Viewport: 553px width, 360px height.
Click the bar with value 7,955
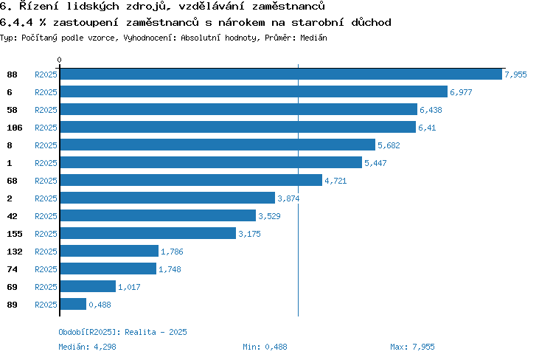tap(281, 74)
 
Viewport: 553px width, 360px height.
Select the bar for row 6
tap(254, 91)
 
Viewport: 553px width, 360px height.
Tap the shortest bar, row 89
tap(73, 304)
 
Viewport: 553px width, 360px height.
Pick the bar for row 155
tap(148, 233)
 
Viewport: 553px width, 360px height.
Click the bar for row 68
tap(191, 180)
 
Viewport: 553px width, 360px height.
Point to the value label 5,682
tap(389, 145)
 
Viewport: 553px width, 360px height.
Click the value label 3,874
tap(288, 198)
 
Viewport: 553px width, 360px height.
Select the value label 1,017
tap(129, 287)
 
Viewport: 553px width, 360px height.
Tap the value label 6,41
tap(427, 128)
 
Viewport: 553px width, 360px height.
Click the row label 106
tap(15, 128)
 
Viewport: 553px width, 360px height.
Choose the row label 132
tap(15, 252)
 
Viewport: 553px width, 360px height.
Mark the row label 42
tap(12, 216)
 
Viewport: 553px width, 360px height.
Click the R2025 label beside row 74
tap(46, 269)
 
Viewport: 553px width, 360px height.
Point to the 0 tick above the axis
tap(59, 60)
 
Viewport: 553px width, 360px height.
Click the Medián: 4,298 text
tap(87, 347)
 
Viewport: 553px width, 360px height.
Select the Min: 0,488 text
tap(265, 347)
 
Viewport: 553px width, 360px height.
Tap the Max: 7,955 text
tap(412, 347)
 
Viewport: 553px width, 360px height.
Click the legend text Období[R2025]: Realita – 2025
tap(122, 332)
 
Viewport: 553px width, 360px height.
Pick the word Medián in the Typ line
tap(313, 38)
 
